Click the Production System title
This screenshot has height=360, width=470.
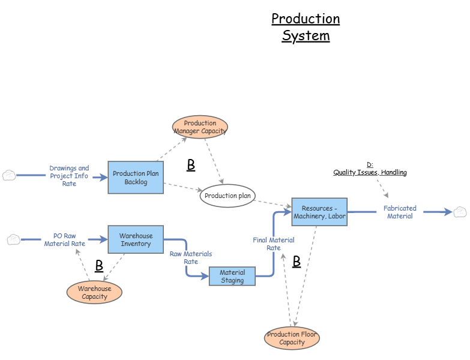tap(306, 27)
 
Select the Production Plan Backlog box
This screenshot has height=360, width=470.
tap(136, 178)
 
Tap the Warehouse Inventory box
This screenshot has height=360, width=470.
tap(136, 240)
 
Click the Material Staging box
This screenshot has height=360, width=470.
tap(232, 277)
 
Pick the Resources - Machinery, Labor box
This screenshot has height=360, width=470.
tap(319, 212)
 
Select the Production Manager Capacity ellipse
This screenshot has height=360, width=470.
tap(200, 127)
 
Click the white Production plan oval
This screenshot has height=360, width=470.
tap(228, 196)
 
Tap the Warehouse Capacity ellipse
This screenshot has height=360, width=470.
tap(94, 293)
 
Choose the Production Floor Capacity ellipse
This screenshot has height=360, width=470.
tap(292, 338)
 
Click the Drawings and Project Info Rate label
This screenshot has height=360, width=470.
tap(69, 176)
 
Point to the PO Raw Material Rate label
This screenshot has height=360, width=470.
tap(64, 240)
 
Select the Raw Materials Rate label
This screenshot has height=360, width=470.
tap(191, 258)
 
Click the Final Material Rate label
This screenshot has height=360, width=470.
tap(274, 244)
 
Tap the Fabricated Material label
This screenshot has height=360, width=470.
tap(400, 212)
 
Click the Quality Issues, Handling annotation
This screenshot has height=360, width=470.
tap(370, 169)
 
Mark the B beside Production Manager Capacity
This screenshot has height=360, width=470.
tap(191, 166)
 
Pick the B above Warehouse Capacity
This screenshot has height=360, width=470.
tap(99, 266)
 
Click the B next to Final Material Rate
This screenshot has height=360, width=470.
tap(297, 262)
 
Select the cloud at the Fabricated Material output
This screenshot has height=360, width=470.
tap(460, 212)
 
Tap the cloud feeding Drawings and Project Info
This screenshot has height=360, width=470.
tap(9, 175)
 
